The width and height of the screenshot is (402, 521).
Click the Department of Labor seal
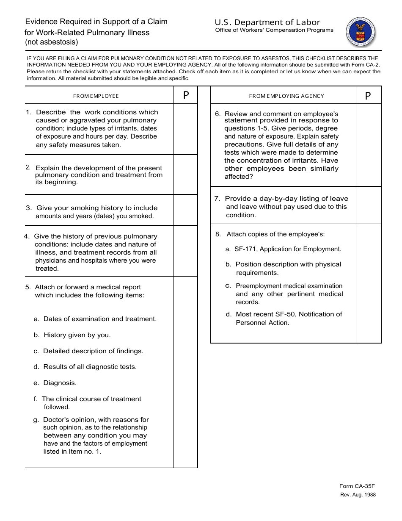361,32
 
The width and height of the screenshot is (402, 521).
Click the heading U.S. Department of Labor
267,22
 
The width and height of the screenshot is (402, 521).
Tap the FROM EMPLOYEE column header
96,96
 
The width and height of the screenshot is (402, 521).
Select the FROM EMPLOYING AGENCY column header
286,96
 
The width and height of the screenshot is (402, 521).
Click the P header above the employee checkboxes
186,96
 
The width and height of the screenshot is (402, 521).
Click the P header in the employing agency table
368,96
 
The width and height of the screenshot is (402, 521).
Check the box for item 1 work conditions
185,129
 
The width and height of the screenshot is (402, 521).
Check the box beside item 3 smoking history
185,210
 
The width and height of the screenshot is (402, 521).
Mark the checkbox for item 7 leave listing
368,205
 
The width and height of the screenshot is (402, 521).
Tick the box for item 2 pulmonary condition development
185,175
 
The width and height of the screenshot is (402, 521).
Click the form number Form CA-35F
357,487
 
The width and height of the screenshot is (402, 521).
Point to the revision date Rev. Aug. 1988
358,495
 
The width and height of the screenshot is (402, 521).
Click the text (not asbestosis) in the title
52,42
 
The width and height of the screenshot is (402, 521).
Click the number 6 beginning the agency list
218,114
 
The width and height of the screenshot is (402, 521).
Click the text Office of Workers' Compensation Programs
274,30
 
